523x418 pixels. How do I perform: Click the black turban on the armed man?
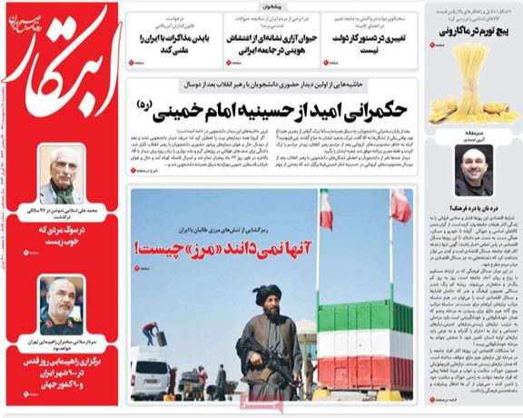pos(267,296)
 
